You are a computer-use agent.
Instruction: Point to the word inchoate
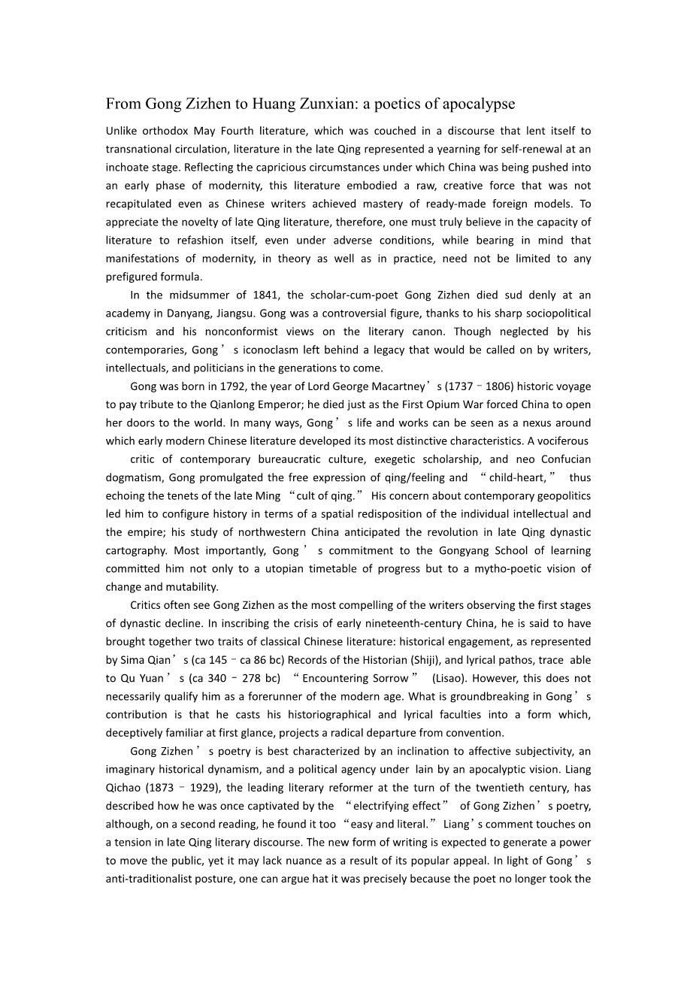click(x=129, y=167)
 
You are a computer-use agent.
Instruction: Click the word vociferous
click(x=562, y=441)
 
